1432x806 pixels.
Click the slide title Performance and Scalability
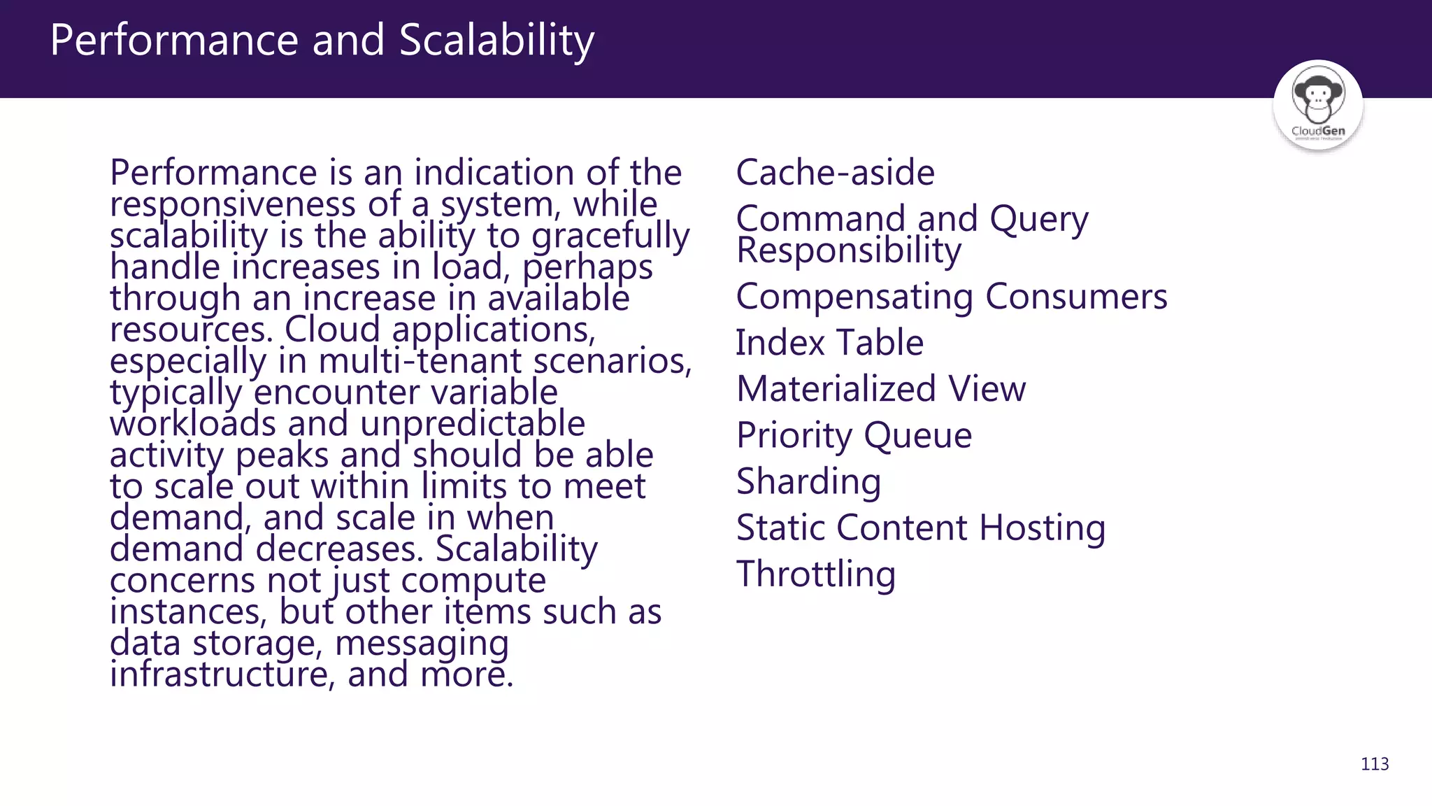pyautogui.click(x=322, y=40)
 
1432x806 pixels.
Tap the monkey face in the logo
pyautogui.click(x=1317, y=96)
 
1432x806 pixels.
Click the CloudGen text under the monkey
pyautogui.click(x=1318, y=131)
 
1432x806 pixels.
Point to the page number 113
pyautogui.click(x=1375, y=764)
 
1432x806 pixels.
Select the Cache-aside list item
pyautogui.click(x=835, y=172)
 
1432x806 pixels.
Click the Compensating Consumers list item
pyautogui.click(x=952, y=297)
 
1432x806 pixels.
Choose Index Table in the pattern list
pyautogui.click(x=829, y=343)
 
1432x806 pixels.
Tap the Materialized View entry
pyautogui.click(x=881, y=389)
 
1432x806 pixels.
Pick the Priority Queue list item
pyautogui.click(x=854, y=436)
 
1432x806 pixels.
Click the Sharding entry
pyautogui.click(x=808, y=482)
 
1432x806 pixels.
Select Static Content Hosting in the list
pyautogui.click(x=921, y=528)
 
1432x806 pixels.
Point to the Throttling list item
pyautogui.click(x=815, y=574)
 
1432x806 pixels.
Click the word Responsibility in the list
pyautogui.click(x=849, y=250)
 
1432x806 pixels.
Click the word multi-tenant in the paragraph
pyautogui.click(x=420, y=362)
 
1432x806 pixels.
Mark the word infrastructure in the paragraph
pyautogui.click(x=218, y=674)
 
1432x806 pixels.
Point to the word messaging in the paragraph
pyautogui.click(x=422, y=644)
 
